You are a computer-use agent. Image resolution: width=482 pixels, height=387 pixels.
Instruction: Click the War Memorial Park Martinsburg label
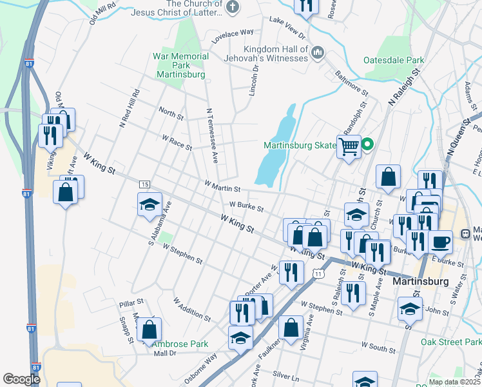tap(180, 65)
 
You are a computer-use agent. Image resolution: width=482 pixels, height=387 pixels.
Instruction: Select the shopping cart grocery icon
tap(349, 147)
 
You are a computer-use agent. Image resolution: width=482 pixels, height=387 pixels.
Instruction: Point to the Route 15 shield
tap(144, 185)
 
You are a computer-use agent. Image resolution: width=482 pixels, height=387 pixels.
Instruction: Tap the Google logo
tap(21, 379)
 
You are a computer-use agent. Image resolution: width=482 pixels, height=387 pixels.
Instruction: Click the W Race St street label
tap(177, 143)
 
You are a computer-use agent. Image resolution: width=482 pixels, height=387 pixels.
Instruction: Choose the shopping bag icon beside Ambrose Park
tap(149, 330)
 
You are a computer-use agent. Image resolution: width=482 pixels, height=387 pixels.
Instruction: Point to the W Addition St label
tap(191, 309)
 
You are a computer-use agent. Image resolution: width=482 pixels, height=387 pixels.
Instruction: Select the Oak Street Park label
tap(450, 342)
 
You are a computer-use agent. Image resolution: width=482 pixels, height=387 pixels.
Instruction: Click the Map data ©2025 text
tap(455, 382)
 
